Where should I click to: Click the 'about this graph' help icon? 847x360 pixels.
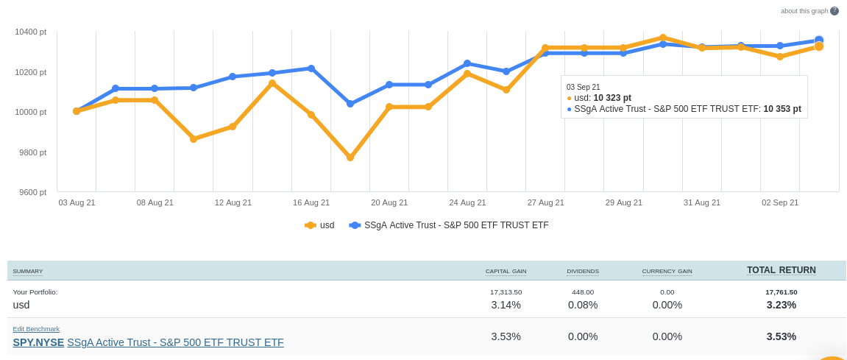pyautogui.click(x=834, y=11)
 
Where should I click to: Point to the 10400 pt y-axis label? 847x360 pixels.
pyautogui.click(x=30, y=32)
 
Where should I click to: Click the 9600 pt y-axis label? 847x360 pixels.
pyautogui.click(x=32, y=192)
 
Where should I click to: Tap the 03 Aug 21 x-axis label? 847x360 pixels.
pyautogui.click(x=77, y=202)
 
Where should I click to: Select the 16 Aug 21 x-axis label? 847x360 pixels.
pyautogui.click(x=311, y=202)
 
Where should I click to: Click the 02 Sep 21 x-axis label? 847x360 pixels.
pyautogui.click(x=780, y=202)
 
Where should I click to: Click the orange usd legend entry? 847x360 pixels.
pyautogui.click(x=320, y=225)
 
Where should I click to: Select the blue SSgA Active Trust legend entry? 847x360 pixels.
pyautogui.click(x=449, y=225)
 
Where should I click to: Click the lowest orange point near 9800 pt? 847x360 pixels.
pyautogui.click(x=350, y=158)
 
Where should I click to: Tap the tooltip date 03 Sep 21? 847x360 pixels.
pyautogui.click(x=584, y=87)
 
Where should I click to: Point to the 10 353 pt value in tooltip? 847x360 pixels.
pyautogui.click(x=782, y=109)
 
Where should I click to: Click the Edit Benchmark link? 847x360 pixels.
pyautogui.click(x=36, y=329)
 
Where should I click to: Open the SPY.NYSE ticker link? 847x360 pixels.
pyautogui.click(x=38, y=342)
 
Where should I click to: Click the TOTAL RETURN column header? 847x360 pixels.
pyautogui.click(x=781, y=270)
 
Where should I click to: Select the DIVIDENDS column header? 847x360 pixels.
pyautogui.click(x=583, y=272)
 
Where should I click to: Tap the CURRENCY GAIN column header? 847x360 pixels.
pyautogui.click(x=667, y=272)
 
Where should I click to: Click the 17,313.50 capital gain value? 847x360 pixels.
pyautogui.click(x=506, y=292)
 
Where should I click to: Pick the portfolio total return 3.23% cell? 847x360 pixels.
pyautogui.click(x=781, y=305)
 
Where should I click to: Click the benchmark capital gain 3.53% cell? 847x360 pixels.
pyautogui.click(x=506, y=336)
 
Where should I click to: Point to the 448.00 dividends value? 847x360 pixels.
pyautogui.click(x=583, y=292)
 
